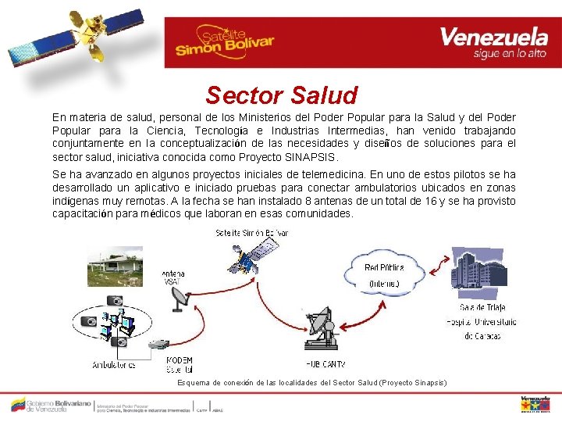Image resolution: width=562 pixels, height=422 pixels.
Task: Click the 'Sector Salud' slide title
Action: point(281,95)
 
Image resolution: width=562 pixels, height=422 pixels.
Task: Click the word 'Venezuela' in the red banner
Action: point(493,36)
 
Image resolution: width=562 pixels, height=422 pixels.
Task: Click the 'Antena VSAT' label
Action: point(173,277)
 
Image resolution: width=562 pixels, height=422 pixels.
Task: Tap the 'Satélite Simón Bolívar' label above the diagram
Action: point(252,233)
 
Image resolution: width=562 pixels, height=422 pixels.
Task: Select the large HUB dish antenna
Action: point(327,331)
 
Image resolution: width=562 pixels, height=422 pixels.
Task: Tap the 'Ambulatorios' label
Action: point(115,365)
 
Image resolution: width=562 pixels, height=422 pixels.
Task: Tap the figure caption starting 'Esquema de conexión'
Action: point(312,382)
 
